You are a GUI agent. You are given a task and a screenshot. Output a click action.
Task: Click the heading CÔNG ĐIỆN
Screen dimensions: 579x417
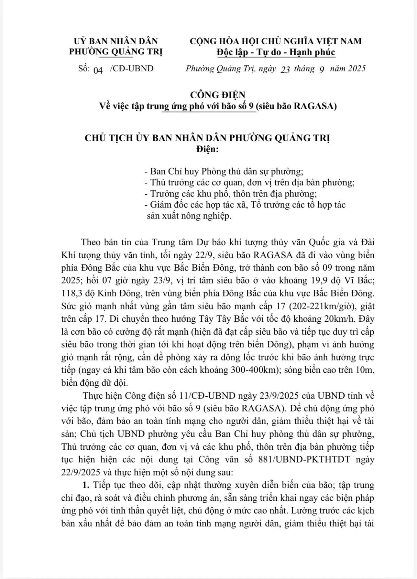(x=217, y=95)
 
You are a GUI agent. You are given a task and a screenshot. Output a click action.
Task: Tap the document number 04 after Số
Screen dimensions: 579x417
(x=98, y=70)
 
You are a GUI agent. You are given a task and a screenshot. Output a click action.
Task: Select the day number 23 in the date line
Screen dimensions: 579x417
(x=285, y=70)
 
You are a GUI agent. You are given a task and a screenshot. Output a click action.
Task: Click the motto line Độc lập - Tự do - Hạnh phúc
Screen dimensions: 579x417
(x=275, y=52)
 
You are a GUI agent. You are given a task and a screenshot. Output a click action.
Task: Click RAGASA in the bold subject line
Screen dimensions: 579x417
(x=313, y=106)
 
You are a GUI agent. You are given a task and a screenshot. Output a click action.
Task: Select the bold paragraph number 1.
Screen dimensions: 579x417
(x=85, y=485)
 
